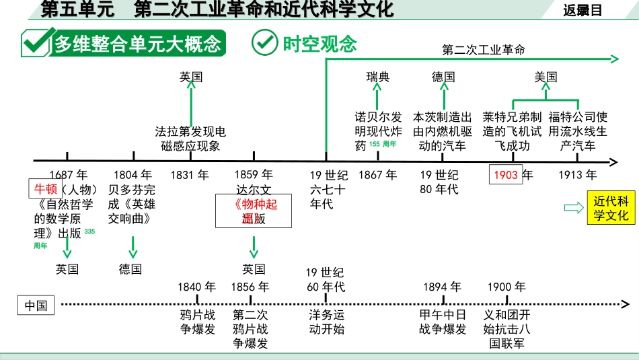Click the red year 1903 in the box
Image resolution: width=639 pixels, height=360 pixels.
506,175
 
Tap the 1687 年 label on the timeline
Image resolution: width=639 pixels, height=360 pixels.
67,175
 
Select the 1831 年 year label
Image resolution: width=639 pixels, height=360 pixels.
190,175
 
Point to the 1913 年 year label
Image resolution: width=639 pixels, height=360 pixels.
577,175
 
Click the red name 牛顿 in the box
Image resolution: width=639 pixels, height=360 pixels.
46,189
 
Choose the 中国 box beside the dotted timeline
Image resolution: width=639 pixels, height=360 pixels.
36,305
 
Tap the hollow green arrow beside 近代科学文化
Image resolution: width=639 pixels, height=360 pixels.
574,208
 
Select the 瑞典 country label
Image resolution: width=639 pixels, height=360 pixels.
378,77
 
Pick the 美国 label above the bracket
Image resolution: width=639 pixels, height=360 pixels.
546,77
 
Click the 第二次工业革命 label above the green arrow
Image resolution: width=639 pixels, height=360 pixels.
484,49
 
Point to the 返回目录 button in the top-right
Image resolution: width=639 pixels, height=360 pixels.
582,9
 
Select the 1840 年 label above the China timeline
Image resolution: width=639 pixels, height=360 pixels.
196,287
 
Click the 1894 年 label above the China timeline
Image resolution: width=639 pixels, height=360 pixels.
442,287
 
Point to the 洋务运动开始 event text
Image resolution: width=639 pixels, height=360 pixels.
326,322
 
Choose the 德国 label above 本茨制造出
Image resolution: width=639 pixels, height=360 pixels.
443,77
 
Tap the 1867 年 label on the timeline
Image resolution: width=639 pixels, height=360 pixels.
378,175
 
